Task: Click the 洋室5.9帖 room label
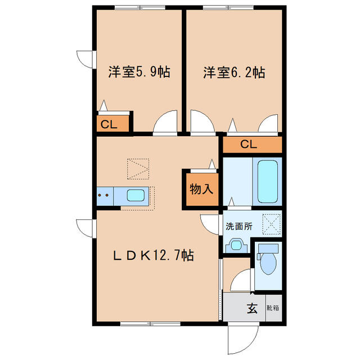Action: click(x=139, y=73)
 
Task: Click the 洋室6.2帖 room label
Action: click(x=234, y=73)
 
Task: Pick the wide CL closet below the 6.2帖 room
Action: click(x=251, y=145)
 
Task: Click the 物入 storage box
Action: click(x=201, y=189)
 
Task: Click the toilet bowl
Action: click(x=267, y=262)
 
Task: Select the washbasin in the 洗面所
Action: click(x=236, y=246)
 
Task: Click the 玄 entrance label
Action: click(x=252, y=308)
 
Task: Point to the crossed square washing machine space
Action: click(x=271, y=223)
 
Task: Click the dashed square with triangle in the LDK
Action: click(x=138, y=168)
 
